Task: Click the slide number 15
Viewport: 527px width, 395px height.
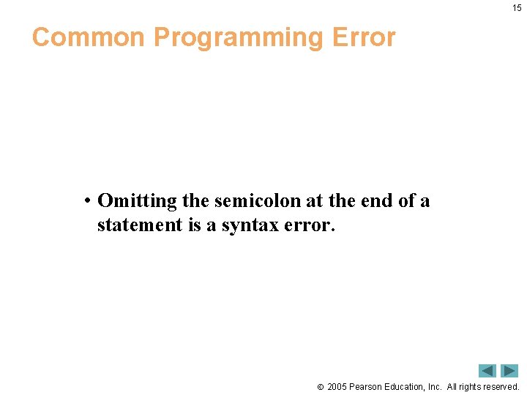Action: tap(517, 8)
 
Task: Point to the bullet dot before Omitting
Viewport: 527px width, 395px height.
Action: tap(86, 201)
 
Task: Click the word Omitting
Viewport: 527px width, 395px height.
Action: tap(137, 201)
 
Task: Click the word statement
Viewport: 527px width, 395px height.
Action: tap(139, 225)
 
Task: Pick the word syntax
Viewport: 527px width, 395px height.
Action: tap(250, 225)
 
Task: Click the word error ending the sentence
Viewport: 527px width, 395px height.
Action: tap(310, 225)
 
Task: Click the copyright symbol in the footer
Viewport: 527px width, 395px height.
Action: tap(320, 387)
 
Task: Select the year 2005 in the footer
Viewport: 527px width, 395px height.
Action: tap(337, 386)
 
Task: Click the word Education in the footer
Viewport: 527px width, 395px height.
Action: tap(405, 386)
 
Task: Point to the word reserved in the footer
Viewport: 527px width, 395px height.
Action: tap(501, 386)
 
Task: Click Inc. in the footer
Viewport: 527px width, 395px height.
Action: tap(434, 386)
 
